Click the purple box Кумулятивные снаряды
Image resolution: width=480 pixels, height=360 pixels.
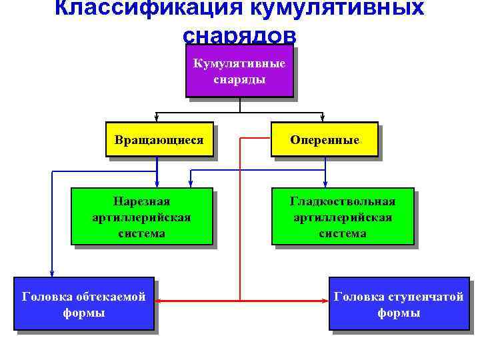239,71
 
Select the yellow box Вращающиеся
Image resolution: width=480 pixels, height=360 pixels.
159,139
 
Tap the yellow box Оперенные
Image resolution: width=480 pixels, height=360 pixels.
325,139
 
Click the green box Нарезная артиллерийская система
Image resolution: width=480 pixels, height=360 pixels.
141,217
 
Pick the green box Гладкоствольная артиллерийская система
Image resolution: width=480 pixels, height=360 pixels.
343,217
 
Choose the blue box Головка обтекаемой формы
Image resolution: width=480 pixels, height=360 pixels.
84,304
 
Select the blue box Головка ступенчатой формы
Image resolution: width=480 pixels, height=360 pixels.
399,304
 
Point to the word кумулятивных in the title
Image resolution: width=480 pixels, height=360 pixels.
337,8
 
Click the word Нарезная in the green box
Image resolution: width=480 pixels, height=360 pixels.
141,201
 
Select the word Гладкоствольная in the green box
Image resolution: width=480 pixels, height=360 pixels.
343,201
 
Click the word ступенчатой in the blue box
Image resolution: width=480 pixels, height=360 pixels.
421,297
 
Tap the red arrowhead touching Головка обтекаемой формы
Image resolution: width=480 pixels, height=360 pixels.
159,302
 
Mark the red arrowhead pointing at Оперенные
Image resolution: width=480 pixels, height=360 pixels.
267,139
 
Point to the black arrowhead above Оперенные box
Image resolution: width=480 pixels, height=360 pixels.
323,117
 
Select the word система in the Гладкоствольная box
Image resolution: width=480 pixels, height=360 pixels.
343,233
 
